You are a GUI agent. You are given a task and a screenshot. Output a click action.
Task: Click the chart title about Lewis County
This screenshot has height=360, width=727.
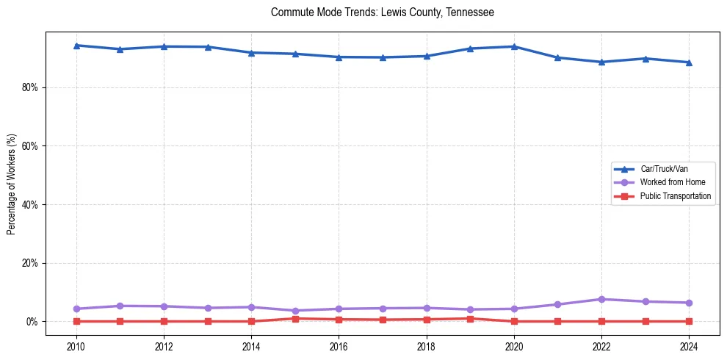pyautogui.click(x=382, y=12)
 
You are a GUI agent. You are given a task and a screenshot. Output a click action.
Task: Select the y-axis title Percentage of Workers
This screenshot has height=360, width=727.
pyautogui.click(x=11, y=184)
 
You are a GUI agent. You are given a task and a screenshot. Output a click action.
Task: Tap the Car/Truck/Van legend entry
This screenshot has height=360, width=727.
pyautogui.click(x=663, y=169)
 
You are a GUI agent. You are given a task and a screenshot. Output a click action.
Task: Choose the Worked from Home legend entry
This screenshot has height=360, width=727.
pyautogui.click(x=672, y=182)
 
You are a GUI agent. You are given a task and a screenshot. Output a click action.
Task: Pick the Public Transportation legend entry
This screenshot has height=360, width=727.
pyautogui.click(x=675, y=196)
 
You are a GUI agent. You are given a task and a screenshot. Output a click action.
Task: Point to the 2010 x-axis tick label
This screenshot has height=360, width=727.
pyautogui.click(x=76, y=346)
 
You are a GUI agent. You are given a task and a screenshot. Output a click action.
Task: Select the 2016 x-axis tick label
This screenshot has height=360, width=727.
pyautogui.click(x=339, y=346)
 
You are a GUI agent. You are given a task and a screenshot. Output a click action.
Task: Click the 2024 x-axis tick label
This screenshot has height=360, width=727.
pyautogui.click(x=689, y=346)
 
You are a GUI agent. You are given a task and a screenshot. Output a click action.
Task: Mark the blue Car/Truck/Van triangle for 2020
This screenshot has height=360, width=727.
pyautogui.click(x=514, y=46)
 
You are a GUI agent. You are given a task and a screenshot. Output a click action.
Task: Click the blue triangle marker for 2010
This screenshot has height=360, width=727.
pyautogui.click(x=76, y=46)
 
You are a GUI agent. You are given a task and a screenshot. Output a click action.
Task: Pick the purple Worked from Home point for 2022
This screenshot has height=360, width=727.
pyautogui.click(x=601, y=299)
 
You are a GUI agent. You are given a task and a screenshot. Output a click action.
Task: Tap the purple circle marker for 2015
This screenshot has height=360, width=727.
pyautogui.click(x=295, y=311)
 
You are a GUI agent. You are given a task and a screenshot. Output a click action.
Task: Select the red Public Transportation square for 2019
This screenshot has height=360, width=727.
pyautogui.click(x=470, y=319)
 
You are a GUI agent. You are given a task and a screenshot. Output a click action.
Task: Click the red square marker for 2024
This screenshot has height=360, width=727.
pyautogui.click(x=689, y=321)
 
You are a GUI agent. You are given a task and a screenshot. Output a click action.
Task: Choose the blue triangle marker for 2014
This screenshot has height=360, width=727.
pyautogui.click(x=251, y=53)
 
